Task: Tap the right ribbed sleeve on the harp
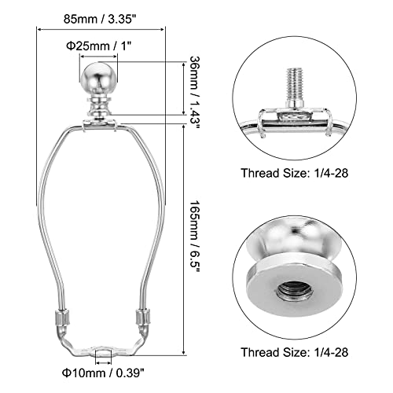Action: [144, 319]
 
